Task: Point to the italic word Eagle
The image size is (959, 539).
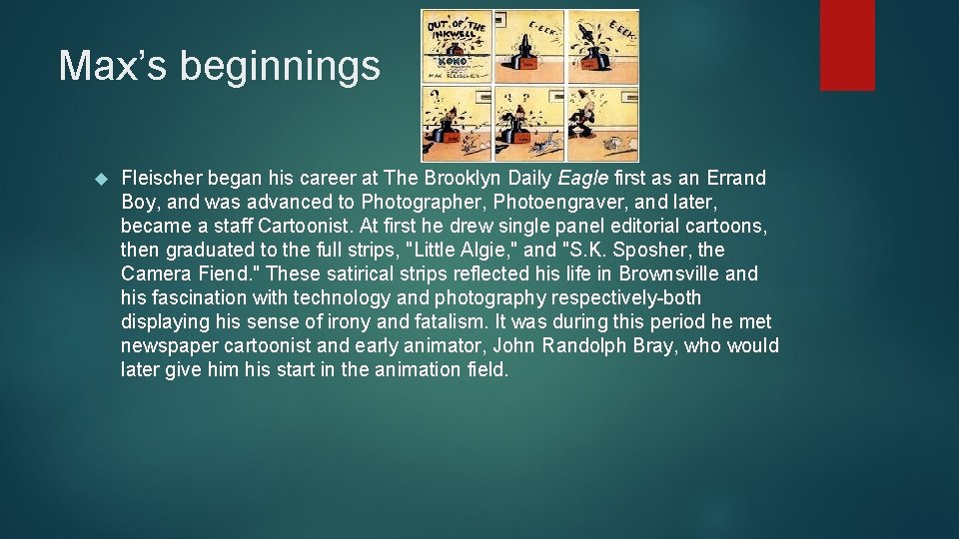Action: click(581, 178)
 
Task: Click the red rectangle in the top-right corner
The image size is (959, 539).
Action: click(847, 45)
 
